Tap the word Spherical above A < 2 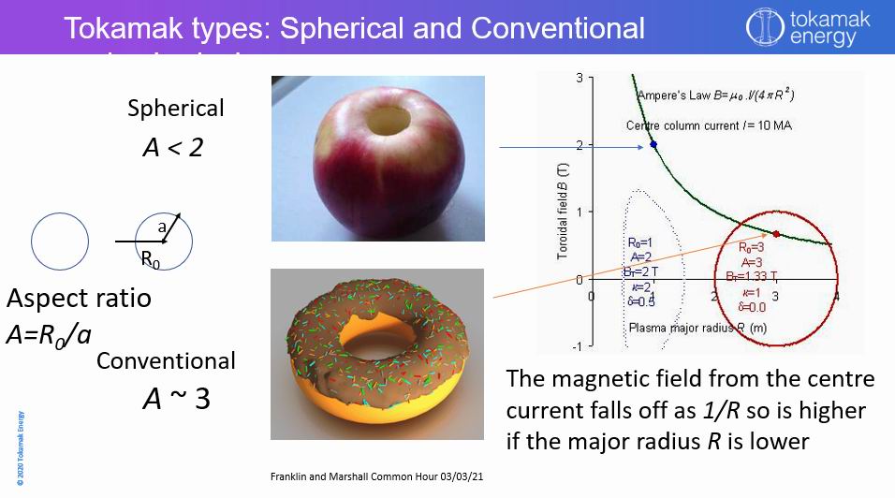(x=176, y=109)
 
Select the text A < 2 (x=171, y=147)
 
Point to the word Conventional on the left (x=166, y=360)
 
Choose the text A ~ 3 (x=176, y=399)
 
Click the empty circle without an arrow (x=60, y=242)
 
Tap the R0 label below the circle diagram (x=150, y=261)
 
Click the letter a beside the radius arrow (x=161, y=226)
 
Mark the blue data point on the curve (x=653, y=144)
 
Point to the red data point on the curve (x=775, y=234)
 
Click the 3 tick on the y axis (x=580, y=78)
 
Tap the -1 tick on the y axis (x=578, y=346)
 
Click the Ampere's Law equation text (x=715, y=95)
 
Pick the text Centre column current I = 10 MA (x=709, y=125)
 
